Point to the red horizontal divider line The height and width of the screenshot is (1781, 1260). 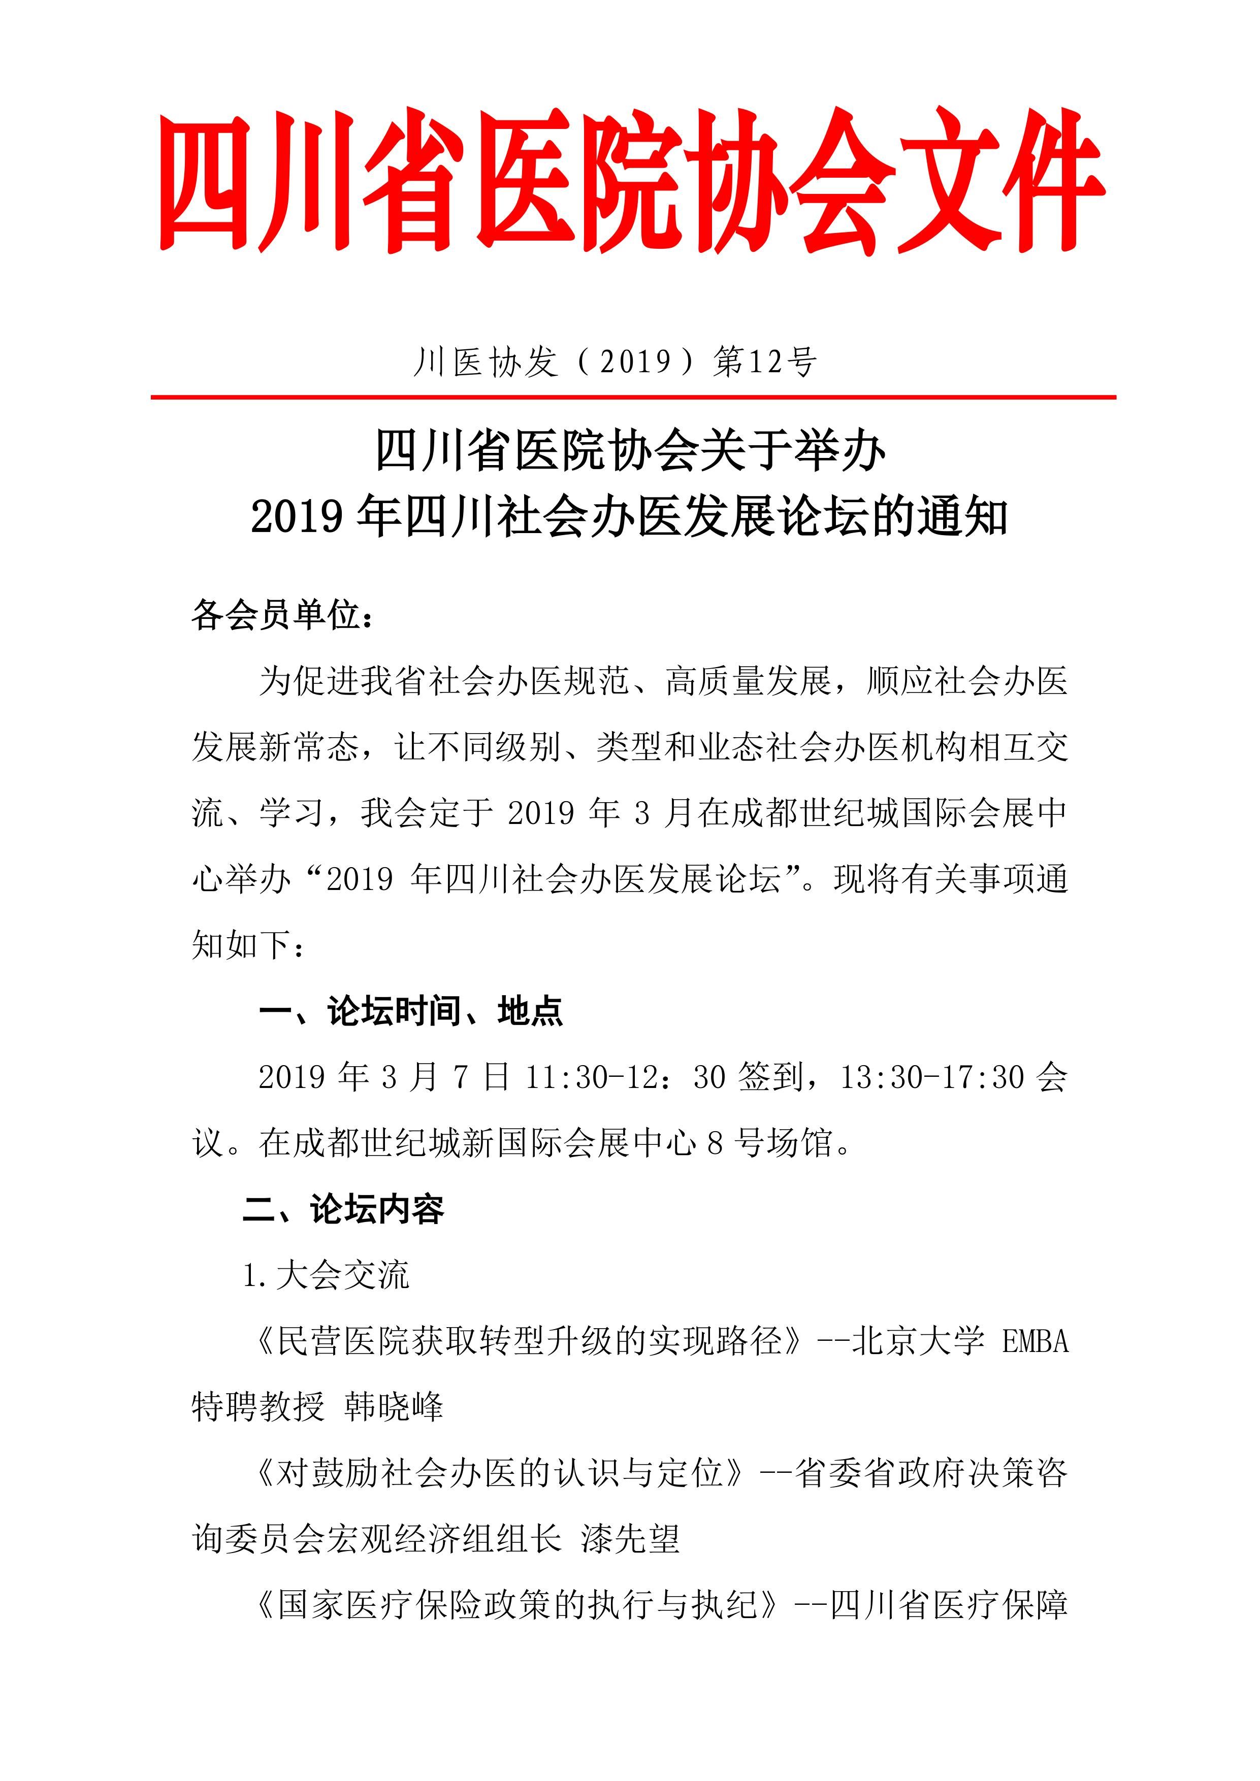[x=633, y=397]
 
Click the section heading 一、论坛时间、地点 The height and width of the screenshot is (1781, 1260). [x=411, y=1011]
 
